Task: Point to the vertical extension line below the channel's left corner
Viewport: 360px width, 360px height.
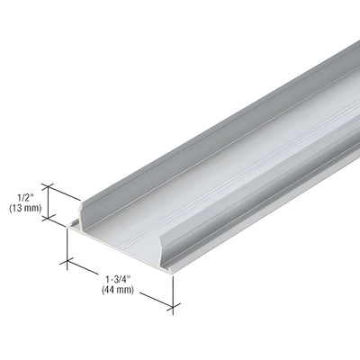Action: (x=69, y=247)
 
